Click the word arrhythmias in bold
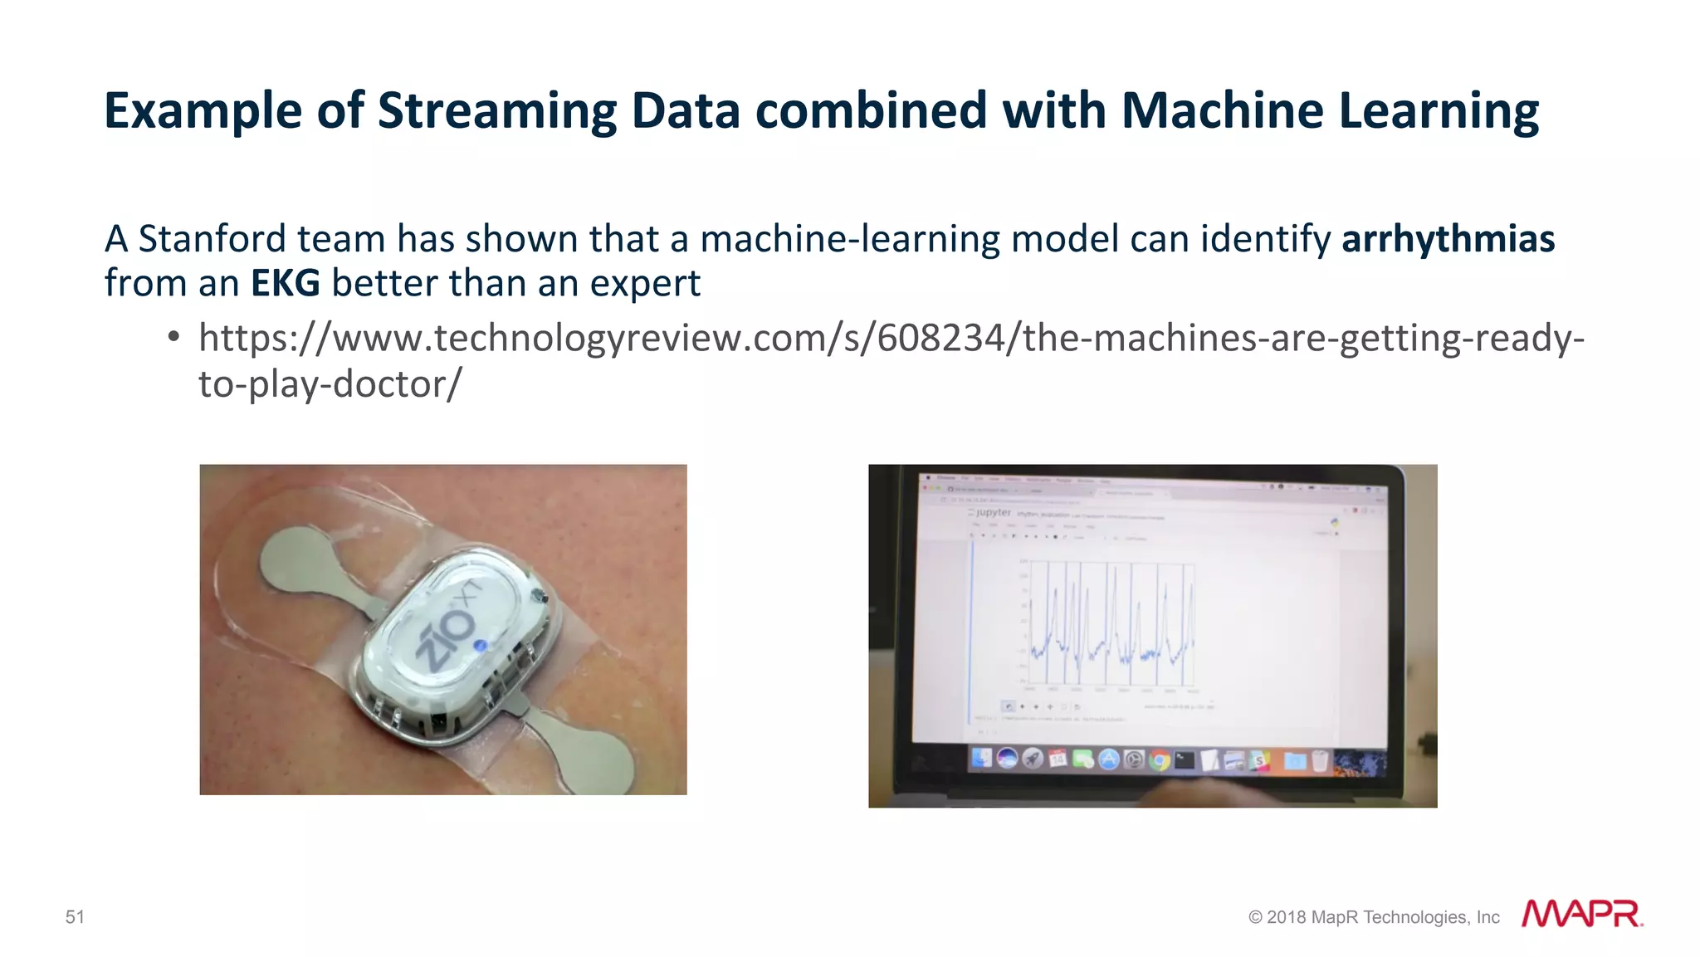click(1448, 240)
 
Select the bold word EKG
click(286, 284)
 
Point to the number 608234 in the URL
click(940, 339)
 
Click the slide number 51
click(75, 917)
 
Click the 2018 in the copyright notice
click(1286, 917)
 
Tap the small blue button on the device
click(480, 646)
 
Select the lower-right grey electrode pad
click(585, 749)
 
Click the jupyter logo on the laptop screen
click(990, 513)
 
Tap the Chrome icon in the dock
click(1160, 759)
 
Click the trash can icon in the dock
click(1319, 759)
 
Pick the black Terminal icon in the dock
click(1185, 759)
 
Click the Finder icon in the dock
click(982, 758)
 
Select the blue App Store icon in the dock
click(1109, 759)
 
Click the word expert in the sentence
click(645, 284)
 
